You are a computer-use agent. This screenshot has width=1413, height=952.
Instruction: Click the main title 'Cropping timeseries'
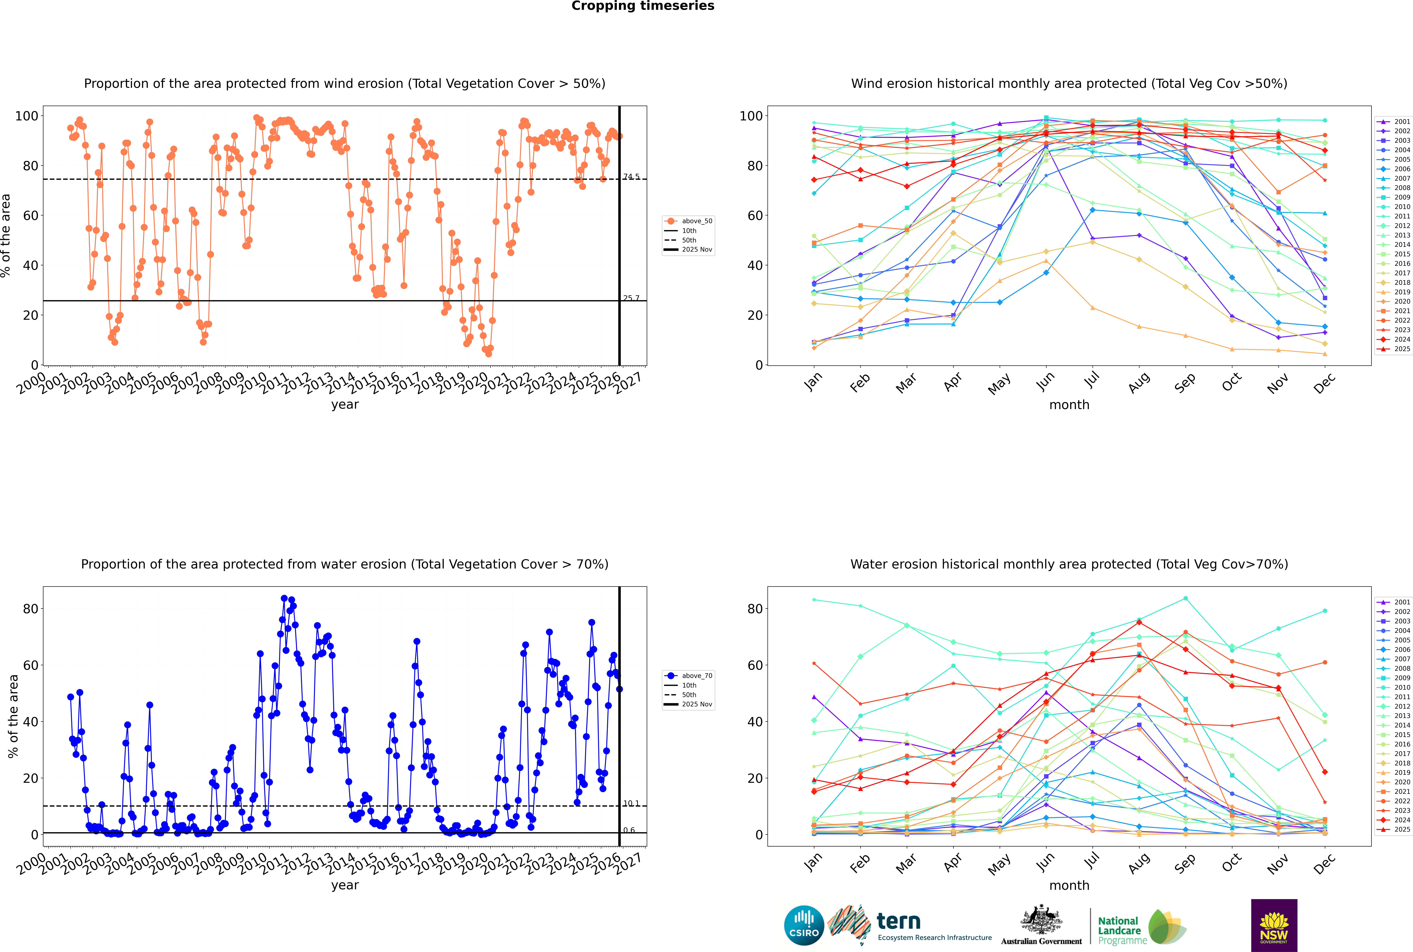[643, 6]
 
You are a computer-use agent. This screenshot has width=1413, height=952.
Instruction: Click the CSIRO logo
[804, 925]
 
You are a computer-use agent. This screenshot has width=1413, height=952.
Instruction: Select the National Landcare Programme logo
[1141, 927]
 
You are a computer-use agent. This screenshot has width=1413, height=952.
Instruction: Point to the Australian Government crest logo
[1041, 925]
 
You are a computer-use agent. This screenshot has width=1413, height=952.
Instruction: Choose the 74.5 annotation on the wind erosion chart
[631, 177]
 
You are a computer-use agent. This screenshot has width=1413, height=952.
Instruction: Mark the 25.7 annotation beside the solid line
[631, 298]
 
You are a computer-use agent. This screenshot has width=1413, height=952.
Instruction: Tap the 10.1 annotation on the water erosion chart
[631, 803]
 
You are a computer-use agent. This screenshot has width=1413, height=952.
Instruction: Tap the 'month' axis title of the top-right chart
[1069, 405]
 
